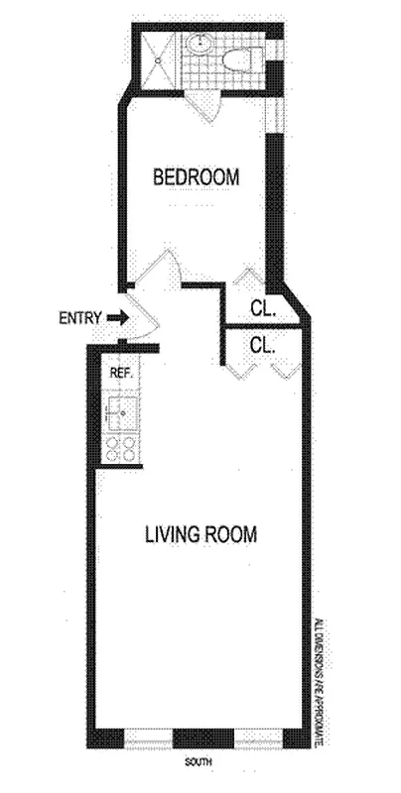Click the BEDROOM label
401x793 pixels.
196,177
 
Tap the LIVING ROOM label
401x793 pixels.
201,534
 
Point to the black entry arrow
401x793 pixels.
115,318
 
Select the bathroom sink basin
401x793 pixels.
200,46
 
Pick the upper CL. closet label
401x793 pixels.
262,309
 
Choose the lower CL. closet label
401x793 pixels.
262,345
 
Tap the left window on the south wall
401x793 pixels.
148,739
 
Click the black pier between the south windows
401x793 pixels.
201,739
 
